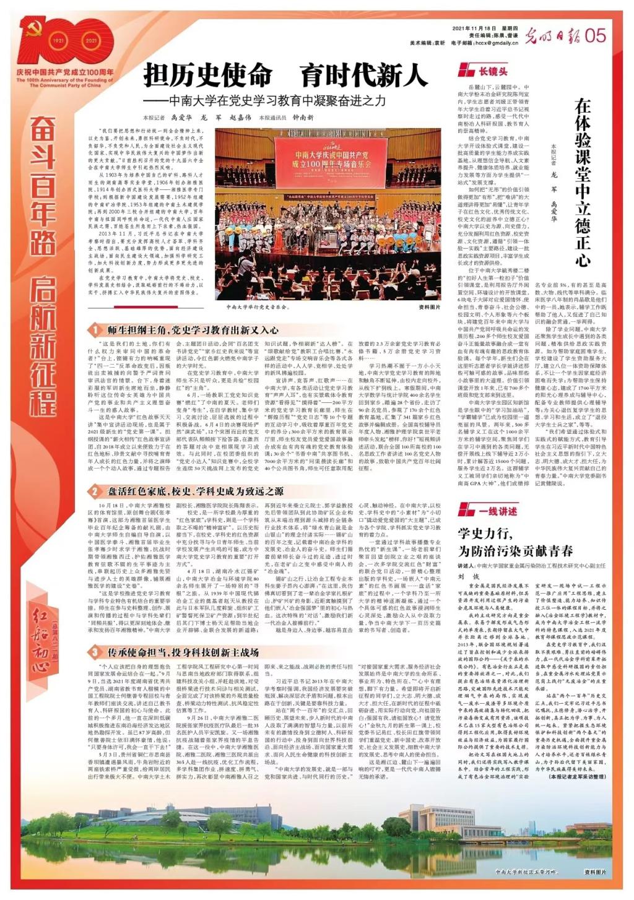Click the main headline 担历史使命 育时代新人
285,76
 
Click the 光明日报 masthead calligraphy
550,36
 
